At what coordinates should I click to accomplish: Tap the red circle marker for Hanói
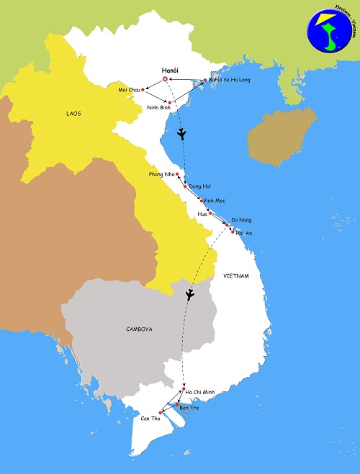pos(166,79)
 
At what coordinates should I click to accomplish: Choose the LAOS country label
pos(54,112)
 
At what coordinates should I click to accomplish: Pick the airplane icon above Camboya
pos(190,294)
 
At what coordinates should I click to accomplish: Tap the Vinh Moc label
pos(215,201)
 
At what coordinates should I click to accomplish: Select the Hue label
pos(202,214)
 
